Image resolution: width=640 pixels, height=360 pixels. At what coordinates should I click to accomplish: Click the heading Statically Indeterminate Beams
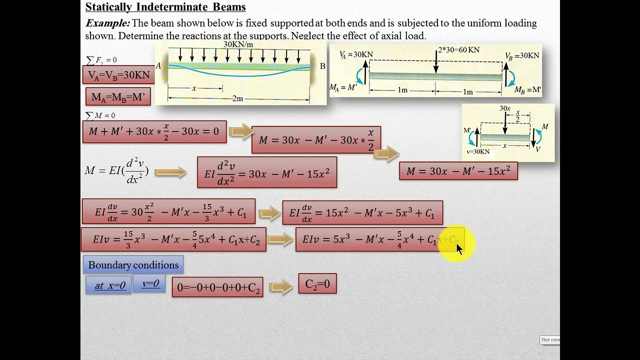pos(165,7)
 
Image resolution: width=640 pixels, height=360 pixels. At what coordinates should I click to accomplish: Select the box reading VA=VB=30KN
pos(119,75)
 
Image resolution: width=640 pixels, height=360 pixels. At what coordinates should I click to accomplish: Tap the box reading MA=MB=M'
pos(118,96)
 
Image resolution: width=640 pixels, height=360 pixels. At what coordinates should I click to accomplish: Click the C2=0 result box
pos(317,284)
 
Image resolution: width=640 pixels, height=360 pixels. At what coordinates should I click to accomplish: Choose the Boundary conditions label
pos(133,265)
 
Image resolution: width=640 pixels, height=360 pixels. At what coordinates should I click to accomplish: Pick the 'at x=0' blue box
pos(109,285)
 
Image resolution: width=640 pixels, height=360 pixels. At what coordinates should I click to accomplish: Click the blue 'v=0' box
pos(150,283)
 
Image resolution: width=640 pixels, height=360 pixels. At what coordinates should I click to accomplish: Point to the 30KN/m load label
pos(238,44)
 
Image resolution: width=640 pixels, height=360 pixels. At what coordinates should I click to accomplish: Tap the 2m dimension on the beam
pos(238,98)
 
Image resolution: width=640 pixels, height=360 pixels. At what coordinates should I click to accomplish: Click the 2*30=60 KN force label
pos(458,50)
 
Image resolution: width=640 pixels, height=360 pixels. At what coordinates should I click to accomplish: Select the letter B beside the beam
pos(322,66)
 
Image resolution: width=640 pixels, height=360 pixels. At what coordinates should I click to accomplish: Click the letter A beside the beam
pos(158,66)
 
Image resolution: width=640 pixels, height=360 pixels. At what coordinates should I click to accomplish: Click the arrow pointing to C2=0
pos(280,287)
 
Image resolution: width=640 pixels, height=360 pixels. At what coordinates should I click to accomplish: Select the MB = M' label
pos(527,90)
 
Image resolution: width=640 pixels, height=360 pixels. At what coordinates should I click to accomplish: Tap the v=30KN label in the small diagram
pos(477,151)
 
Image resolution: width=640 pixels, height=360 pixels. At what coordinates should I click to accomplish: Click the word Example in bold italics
pos(107,23)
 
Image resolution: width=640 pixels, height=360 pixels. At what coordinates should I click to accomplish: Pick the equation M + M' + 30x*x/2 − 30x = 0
pos(154,132)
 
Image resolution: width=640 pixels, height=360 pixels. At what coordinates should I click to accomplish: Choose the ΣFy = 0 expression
pos(101,60)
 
